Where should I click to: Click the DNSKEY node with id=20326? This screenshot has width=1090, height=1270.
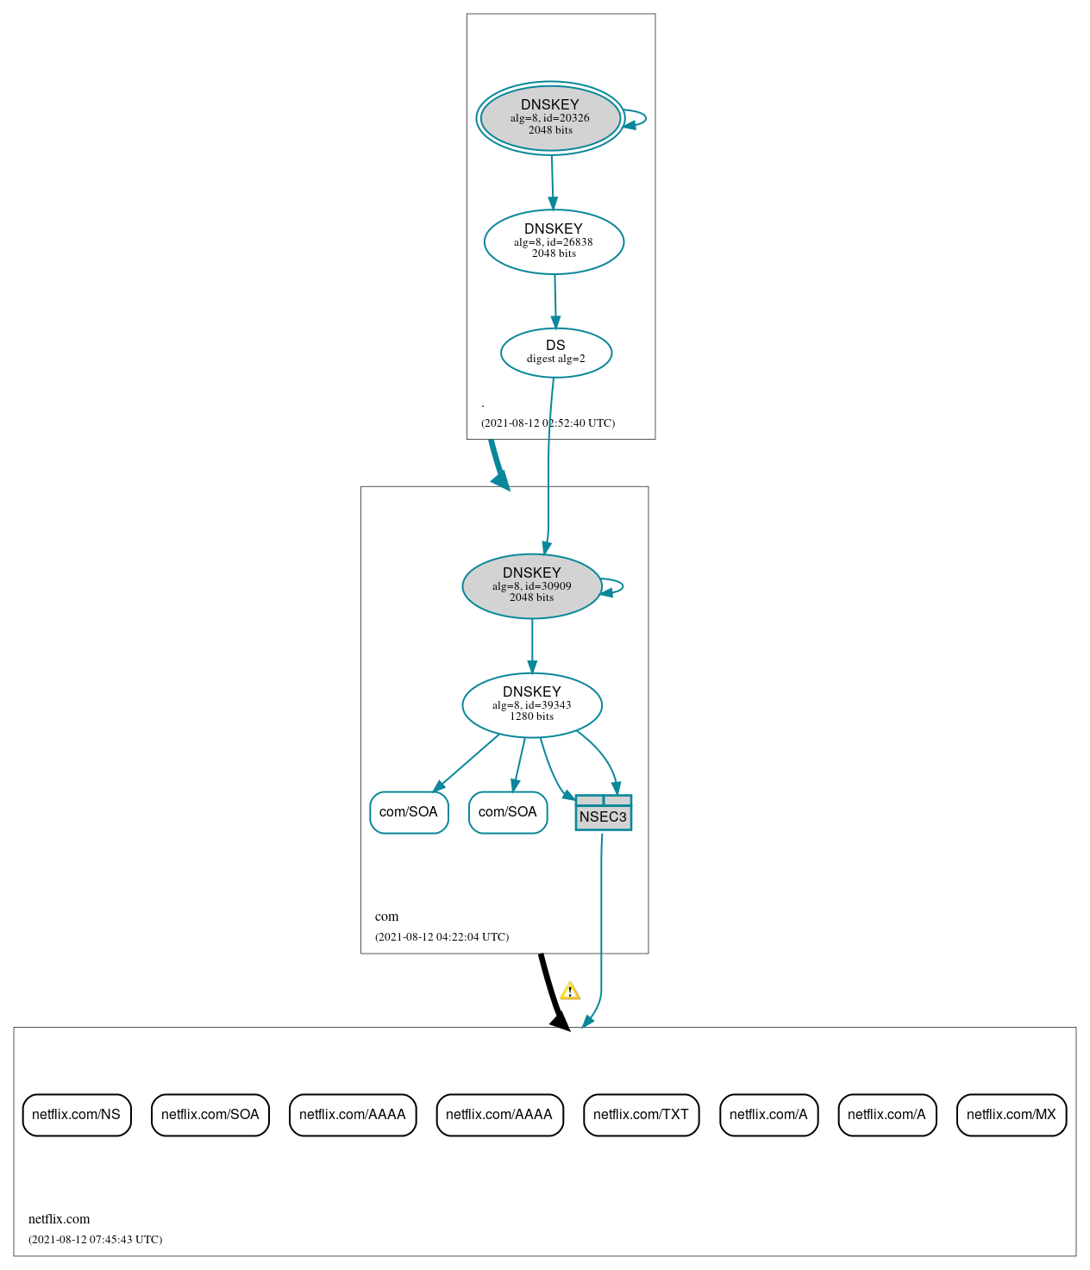(550, 118)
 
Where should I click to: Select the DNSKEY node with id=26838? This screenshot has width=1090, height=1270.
(554, 242)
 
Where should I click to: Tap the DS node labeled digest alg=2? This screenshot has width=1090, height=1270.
(556, 353)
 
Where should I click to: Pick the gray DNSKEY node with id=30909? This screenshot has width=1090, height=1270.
(532, 586)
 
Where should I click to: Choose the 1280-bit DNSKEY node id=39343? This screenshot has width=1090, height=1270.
(532, 705)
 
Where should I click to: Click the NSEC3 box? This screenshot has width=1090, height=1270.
(603, 813)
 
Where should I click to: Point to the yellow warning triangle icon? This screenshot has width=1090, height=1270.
(570, 992)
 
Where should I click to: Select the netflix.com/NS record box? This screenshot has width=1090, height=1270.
(77, 1115)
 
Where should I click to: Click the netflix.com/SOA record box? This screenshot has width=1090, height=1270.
(210, 1115)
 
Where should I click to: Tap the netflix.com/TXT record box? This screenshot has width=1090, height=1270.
(641, 1115)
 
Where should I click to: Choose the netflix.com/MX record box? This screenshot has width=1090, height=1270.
(1011, 1115)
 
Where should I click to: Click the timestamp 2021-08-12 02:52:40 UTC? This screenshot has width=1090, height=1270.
(548, 423)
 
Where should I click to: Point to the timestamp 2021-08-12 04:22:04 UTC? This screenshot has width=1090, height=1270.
(442, 937)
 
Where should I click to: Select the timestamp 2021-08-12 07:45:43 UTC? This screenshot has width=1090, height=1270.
(95, 1240)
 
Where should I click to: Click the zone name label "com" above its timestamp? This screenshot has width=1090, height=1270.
(386, 917)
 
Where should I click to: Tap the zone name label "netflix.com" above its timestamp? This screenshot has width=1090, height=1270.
(59, 1219)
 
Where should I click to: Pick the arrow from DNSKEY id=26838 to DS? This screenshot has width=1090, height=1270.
(555, 301)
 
